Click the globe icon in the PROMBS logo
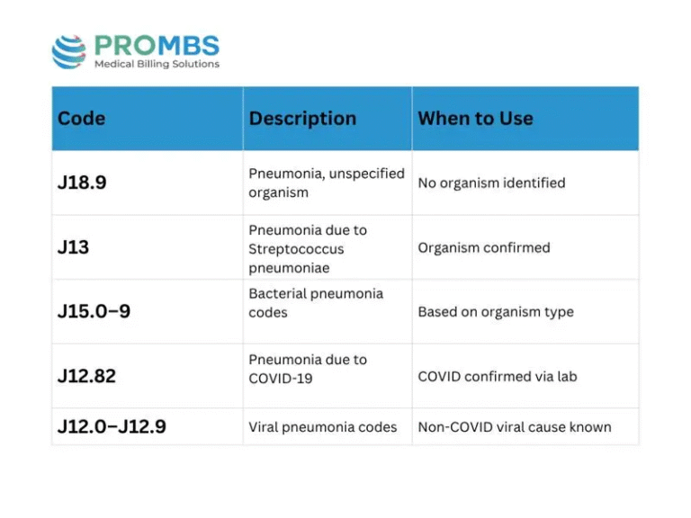69,51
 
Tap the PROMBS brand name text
157,45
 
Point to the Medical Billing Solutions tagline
157,65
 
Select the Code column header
82,119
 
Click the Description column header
302,119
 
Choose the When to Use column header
475,119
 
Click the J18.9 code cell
82,183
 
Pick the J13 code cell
74,247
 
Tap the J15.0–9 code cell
94,312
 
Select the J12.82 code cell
86,376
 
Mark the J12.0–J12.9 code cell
112,427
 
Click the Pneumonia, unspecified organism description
327,183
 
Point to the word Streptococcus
296,249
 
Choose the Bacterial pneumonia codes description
316,303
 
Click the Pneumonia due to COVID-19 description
308,369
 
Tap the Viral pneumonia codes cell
322,427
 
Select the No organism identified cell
491,183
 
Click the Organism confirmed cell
483,247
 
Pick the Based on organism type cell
495,312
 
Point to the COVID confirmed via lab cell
497,376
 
